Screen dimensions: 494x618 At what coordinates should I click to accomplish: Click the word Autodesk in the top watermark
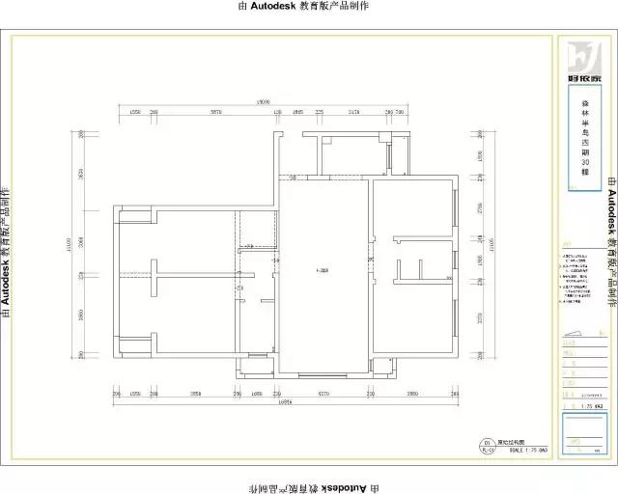point(267,6)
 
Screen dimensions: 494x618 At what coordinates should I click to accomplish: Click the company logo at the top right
point(583,58)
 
